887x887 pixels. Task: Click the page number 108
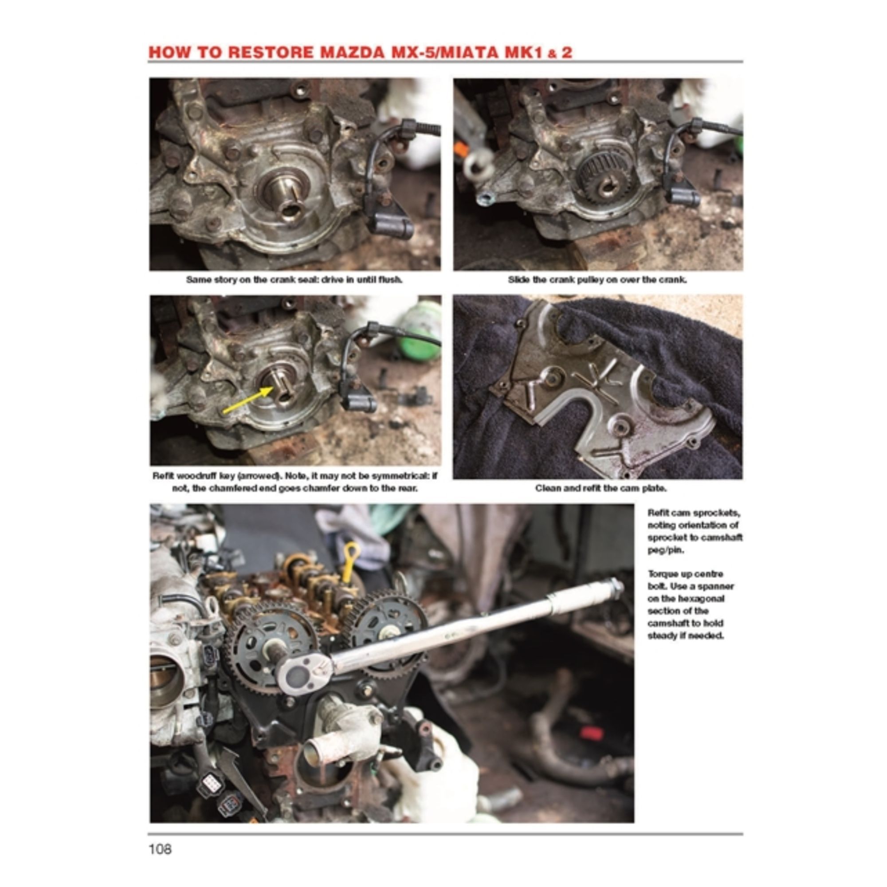160,849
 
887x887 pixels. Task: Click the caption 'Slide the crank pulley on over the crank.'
597,279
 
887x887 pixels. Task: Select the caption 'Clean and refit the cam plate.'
601,488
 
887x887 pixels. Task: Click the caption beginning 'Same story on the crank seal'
294,279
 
